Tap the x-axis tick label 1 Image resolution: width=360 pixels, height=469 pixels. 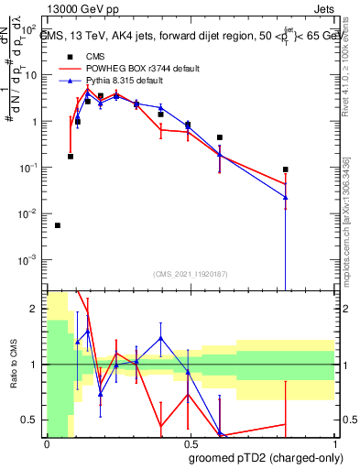pyautogui.click(x=333, y=445)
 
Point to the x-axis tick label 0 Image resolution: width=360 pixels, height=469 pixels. pyautogui.click(x=47, y=445)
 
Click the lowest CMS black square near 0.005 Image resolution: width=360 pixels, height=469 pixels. pyautogui.click(x=58, y=225)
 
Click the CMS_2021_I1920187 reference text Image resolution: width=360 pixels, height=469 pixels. pyautogui.click(x=190, y=274)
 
